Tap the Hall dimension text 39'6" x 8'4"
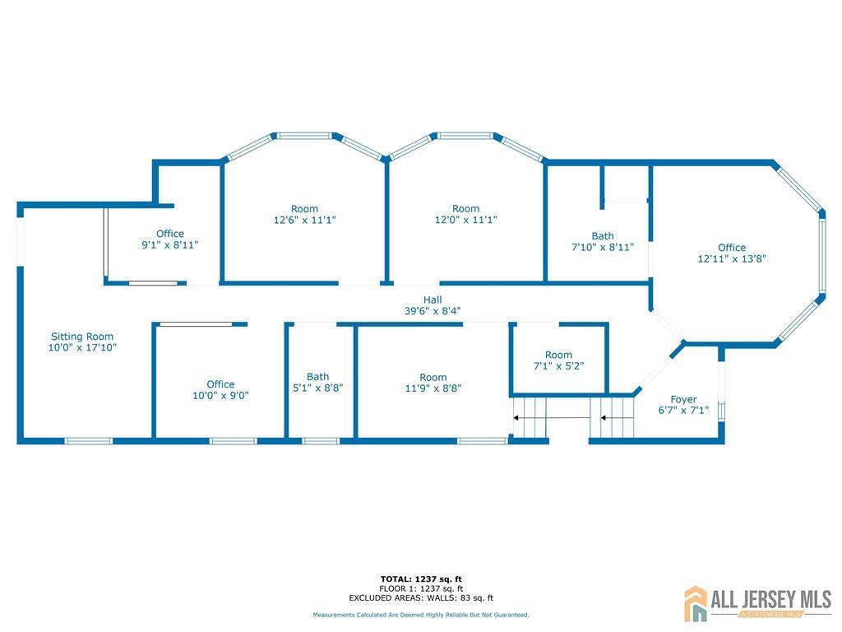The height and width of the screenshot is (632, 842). pos(433,310)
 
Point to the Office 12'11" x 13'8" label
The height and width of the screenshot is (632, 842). pos(731,253)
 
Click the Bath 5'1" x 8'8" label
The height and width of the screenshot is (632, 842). pos(318,382)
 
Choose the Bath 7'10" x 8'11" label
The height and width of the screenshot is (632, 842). pos(603,241)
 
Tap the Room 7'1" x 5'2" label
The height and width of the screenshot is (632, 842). pos(558,360)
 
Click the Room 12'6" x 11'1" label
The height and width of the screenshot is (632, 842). pos(304,214)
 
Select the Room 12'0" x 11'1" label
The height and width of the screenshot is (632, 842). pos(465,214)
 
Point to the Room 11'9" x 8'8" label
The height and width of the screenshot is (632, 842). pos(433,383)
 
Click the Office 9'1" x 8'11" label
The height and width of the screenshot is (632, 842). pos(169,239)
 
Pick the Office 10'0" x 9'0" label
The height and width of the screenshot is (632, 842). pos(220,389)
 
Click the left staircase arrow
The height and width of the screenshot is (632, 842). pos(552,417)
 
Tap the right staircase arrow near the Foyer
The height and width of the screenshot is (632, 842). pos(617,417)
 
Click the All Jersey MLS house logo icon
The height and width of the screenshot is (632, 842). pos(696,603)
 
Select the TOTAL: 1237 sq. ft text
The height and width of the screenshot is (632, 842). pos(421,579)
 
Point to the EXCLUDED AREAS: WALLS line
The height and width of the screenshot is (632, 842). pos(421,597)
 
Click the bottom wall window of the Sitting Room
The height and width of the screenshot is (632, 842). pos(89,441)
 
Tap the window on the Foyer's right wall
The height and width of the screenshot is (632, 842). pos(721,411)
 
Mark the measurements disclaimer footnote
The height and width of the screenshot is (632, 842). pos(421,615)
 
